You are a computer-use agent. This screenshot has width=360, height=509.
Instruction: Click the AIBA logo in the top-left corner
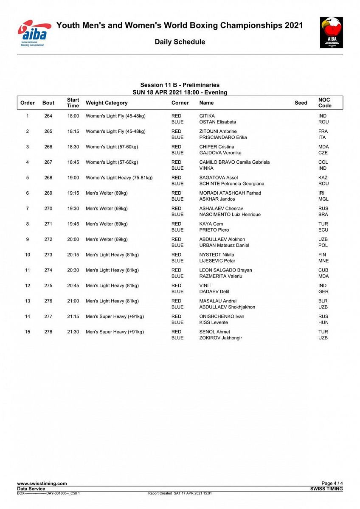34,33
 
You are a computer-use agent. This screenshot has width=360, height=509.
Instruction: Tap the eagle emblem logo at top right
331,32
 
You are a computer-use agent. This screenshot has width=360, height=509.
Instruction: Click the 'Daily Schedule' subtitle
180,42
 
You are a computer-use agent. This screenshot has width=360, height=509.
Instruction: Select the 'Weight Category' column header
107,103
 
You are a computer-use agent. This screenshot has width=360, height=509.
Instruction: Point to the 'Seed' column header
301,103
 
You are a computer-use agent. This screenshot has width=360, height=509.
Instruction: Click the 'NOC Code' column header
325,103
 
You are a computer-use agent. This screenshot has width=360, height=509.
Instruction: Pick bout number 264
48,116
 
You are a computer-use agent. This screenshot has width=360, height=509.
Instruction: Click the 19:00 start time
73,178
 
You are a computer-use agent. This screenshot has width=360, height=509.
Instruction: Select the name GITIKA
207,116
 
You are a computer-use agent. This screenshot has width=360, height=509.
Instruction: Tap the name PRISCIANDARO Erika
223,137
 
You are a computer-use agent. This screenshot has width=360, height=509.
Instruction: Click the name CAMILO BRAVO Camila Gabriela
234,162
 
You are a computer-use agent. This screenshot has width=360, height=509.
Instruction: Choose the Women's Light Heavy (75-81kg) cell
119,178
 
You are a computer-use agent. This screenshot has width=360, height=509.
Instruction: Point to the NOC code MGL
323,199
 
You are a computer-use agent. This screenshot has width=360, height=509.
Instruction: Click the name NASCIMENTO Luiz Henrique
230,215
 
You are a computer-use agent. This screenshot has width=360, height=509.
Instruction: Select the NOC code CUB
323,270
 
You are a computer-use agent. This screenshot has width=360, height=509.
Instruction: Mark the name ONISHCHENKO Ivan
222,316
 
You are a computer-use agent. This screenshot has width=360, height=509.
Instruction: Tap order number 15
28,332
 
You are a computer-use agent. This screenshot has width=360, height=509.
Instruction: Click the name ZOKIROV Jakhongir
220,338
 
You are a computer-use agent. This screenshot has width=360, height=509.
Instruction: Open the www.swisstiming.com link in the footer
42,484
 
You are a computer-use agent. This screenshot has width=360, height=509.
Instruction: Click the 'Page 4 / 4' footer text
332,484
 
